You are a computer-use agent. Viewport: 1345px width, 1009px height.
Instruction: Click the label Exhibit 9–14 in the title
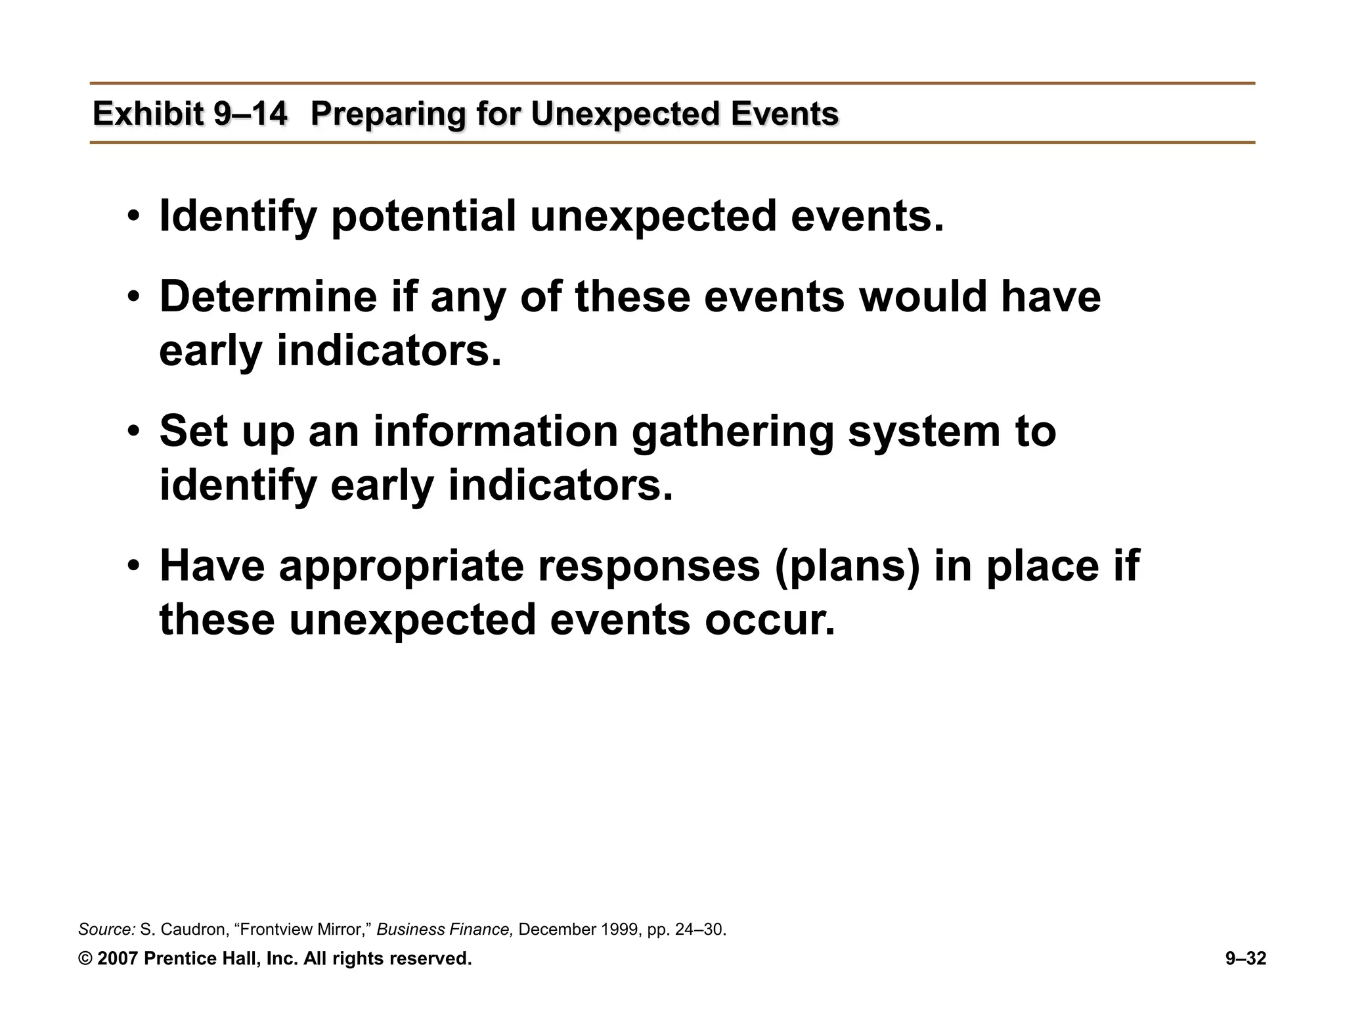tap(190, 114)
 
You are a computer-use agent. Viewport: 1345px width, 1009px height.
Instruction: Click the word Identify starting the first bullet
tap(238, 217)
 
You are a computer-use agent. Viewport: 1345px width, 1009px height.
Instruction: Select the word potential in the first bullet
tap(424, 217)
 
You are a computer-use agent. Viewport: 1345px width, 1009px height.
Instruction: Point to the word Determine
tap(268, 296)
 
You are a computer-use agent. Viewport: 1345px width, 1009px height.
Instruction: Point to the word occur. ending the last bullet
tap(770, 620)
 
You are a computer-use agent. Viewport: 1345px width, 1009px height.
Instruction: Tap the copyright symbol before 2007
tap(85, 958)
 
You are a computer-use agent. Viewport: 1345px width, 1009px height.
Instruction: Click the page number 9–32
tap(1245, 958)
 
